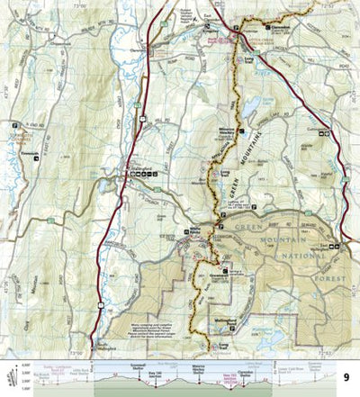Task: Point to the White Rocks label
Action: [196, 228]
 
